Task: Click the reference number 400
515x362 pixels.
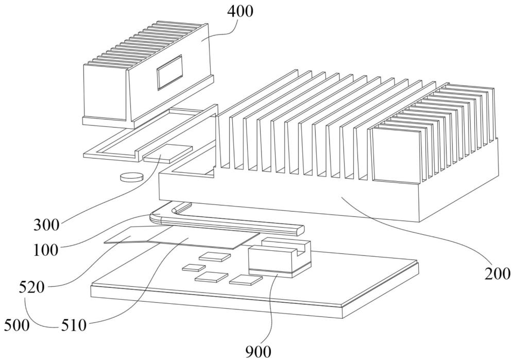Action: [241, 11]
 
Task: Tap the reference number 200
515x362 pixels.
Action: [497, 273]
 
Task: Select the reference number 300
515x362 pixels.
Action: [47, 226]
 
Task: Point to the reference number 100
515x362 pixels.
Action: [46, 250]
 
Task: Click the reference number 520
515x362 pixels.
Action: [31, 288]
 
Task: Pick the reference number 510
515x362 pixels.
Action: [74, 325]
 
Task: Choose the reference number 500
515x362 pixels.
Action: [17, 325]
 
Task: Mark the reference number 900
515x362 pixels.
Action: [259, 352]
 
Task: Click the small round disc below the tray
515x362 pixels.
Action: [132, 177]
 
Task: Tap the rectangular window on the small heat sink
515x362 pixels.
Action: [169, 72]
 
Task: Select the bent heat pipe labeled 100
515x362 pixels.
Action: [227, 220]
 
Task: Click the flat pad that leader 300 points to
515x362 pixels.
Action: [167, 153]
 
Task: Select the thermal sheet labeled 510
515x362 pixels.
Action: [203, 237]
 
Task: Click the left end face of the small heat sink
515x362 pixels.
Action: [105, 92]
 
